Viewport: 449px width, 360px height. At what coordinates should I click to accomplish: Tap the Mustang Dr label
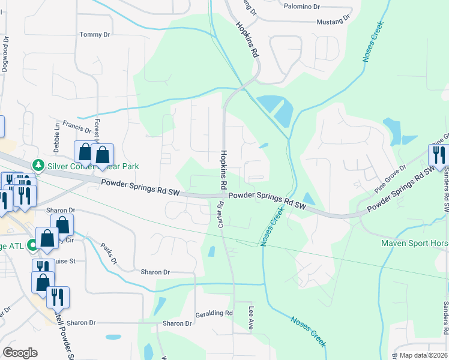tap(333, 21)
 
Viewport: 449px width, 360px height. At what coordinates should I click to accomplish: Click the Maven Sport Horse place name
tap(414, 243)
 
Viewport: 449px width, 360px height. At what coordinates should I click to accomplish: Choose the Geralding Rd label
tap(214, 313)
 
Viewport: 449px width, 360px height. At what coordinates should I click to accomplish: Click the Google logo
tap(20, 353)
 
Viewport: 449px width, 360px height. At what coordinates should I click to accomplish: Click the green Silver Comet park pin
tap(38, 164)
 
